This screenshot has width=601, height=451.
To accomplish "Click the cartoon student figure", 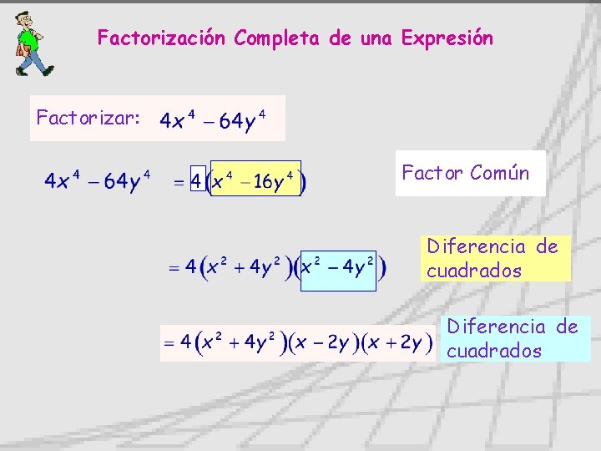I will point(31,43).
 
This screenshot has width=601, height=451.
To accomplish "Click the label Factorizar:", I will point(88,119).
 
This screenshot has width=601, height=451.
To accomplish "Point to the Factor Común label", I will point(466,173).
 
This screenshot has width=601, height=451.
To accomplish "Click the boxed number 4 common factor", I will point(197,180).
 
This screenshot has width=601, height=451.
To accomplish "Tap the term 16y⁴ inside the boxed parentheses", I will point(275,181).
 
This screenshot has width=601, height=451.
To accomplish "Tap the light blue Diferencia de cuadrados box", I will point(513,338).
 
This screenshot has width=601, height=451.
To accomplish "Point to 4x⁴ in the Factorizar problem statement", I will point(178,121).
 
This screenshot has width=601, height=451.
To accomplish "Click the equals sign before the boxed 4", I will point(179,181).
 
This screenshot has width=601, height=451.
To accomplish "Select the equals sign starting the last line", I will point(169,342).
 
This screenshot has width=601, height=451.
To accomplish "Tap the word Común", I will point(499,173).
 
